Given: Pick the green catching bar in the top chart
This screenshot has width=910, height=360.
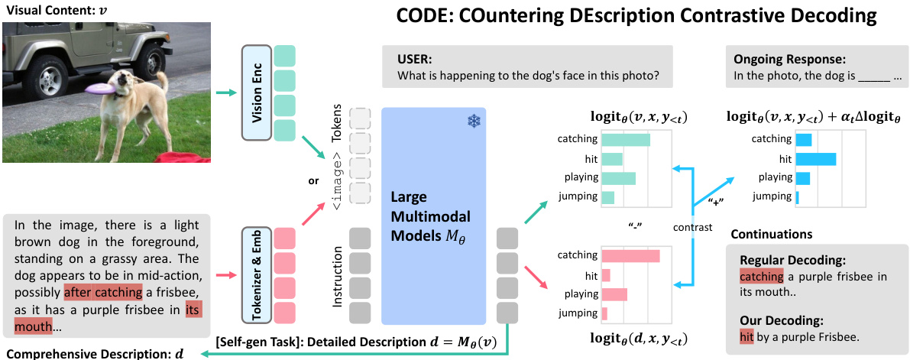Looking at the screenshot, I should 625,140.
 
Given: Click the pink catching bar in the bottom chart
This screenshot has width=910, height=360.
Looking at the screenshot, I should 630,256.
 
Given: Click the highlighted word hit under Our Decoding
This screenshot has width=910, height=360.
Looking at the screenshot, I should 746,335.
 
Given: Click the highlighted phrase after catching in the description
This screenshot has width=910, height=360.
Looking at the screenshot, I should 102,291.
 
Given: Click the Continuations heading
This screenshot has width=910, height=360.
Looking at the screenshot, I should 772,233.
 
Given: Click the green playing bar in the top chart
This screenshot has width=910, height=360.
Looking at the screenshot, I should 618,178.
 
